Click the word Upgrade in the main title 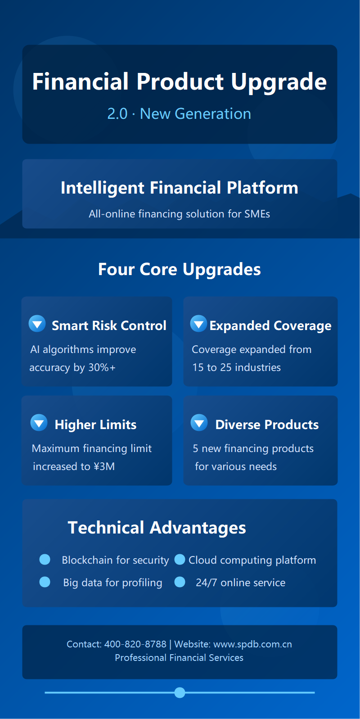tap(279, 82)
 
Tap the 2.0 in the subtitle tap(117, 114)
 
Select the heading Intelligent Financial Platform tap(180, 188)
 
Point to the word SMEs tap(257, 214)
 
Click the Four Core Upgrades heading tap(180, 269)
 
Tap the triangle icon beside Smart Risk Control tap(37, 324)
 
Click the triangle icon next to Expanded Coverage tap(198, 324)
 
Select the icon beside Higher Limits tap(39, 423)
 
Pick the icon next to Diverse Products tap(199, 423)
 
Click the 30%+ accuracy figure tap(102, 368)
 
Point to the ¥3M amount tap(104, 467)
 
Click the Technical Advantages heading tap(157, 528)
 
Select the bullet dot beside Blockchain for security tap(45, 559)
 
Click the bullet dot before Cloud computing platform tap(180, 559)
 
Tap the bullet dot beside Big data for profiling tap(45, 582)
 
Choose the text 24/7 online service tap(240, 583)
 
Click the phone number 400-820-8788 tap(135, 644)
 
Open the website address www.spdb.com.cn tap(252, 644)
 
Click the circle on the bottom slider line tap(180, 692)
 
